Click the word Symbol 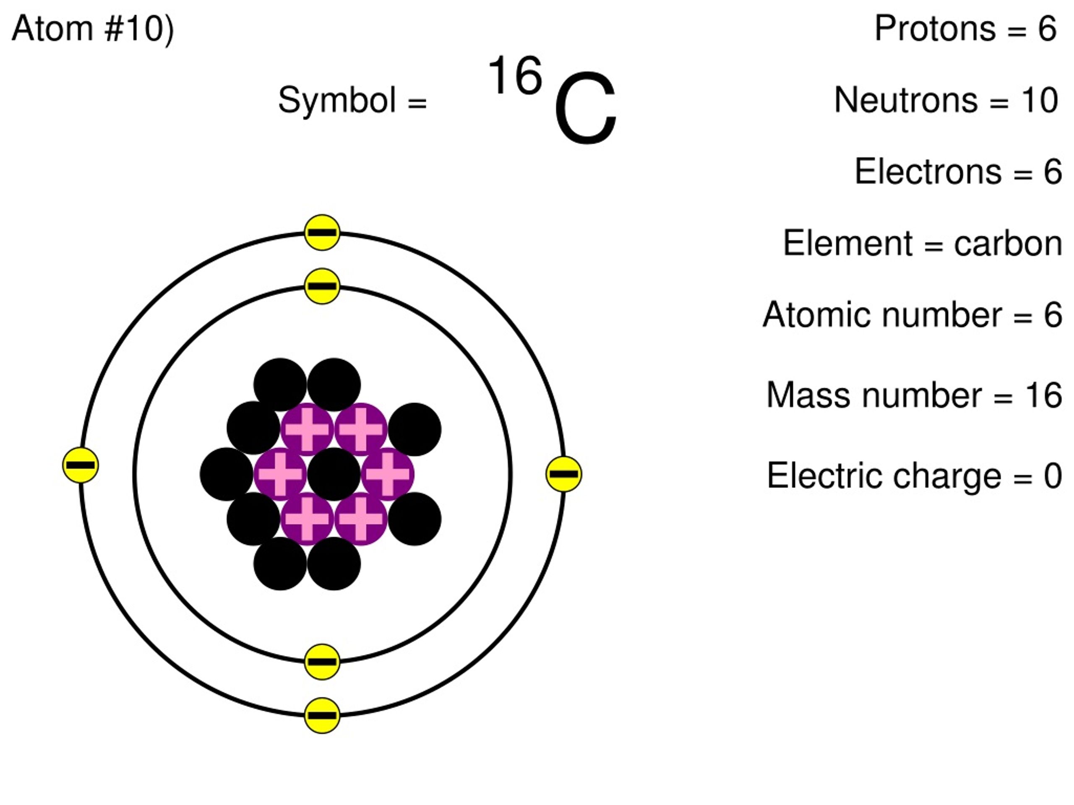[x=336, y=100]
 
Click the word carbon [x=1007, y=243]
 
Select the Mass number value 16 [x=1043, y=395]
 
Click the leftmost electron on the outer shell [x=81, y=465]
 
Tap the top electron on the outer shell [x=322, y=232]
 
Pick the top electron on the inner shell [x=322, y=286]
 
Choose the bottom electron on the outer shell [x=322, y=715]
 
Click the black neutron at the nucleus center [x=334, y=474]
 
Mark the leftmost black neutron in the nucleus [x=226, y=474]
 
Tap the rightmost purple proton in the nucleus [x=388, y=474]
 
